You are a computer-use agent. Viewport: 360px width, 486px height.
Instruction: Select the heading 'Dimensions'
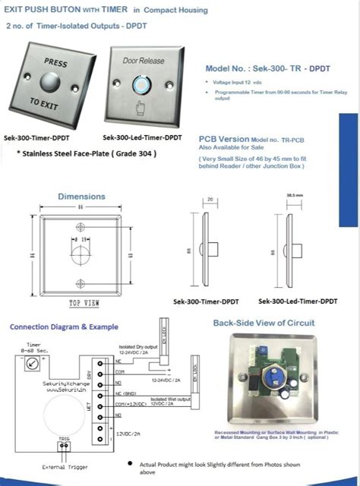[x=81, y=196]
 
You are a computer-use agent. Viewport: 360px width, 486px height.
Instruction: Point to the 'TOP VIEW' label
[x=84, y=303]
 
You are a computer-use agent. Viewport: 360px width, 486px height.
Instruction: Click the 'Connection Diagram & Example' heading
[x=64, y=327]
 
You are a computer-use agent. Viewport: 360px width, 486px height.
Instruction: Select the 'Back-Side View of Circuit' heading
[x=263, y=323]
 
